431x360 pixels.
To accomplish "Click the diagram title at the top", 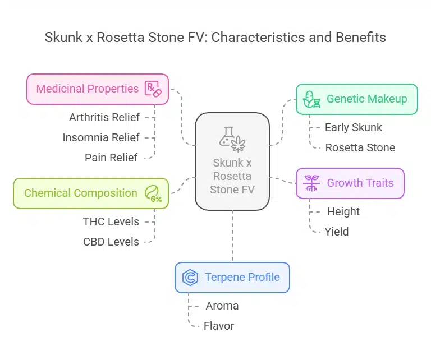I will [x=215, y=38].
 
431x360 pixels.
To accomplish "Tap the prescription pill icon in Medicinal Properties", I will [x=153, y=89].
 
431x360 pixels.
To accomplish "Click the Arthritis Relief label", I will [x=104, y=117].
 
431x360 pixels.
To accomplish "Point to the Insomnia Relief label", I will [x=101, y=137].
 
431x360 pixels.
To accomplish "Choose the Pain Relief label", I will [x=111, y=158].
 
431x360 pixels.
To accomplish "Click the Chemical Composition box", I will [x=90, y=193].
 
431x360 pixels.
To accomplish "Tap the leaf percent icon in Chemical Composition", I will [x=153, y=193].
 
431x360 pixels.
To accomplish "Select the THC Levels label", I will [x=111, y=221].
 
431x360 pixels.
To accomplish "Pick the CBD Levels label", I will [x=111, y=242].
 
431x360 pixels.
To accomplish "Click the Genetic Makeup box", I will [x=356, y=99].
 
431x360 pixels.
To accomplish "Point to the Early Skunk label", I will [x=353, y=127].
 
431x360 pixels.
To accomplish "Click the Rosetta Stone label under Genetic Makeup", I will [x=360, y=147].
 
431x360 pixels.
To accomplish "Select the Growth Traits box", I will [x=350, y=183].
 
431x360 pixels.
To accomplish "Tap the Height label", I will [x=343, y=211].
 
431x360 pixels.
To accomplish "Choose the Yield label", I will [x=337, y=232].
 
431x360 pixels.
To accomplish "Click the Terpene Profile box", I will [x=232, y=277].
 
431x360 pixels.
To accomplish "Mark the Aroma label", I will [x=222, y=306].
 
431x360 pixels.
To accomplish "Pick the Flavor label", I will [x=219, y=326].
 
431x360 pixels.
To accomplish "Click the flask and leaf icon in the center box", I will [x=232, y=139].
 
